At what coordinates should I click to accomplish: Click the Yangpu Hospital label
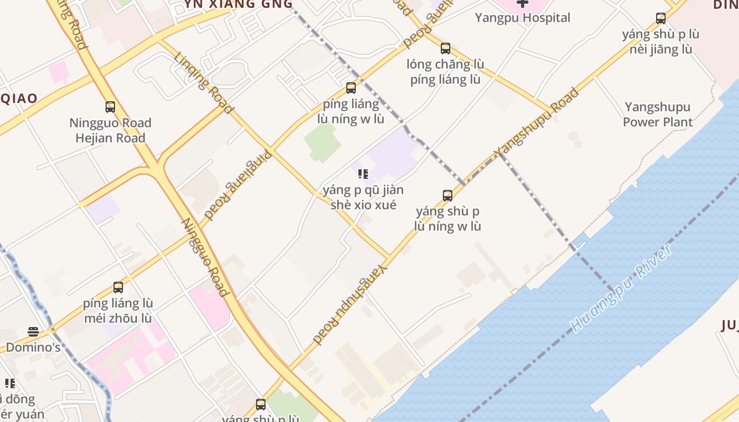[x=523, y=18]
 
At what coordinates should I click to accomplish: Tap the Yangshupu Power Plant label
[x=658, y=114]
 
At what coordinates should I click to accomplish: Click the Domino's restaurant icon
[x=33, y=332]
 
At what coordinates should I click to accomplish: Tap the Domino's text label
[x=33, y=348]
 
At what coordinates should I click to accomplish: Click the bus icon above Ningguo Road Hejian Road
[x=110, y=107]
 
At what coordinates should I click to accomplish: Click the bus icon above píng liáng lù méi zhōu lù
[x=118, y=287]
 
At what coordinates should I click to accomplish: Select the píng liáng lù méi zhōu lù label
[x=118, y=311]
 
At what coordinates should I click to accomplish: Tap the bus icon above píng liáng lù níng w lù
[x=351, y=88]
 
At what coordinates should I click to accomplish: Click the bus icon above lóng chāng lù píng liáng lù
[x=446, y=49]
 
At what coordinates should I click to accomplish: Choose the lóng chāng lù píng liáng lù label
[x=446, y=72]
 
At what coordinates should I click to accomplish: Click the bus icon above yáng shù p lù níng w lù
[x=448, y=196]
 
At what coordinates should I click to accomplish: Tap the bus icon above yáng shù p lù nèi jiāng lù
[x=661, y=18]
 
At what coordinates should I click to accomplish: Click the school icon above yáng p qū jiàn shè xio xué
[x=363, y=174]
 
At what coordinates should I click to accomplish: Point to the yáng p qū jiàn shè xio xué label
[x=363, y=197]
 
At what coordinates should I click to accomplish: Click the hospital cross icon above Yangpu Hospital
[x=523, y=3]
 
